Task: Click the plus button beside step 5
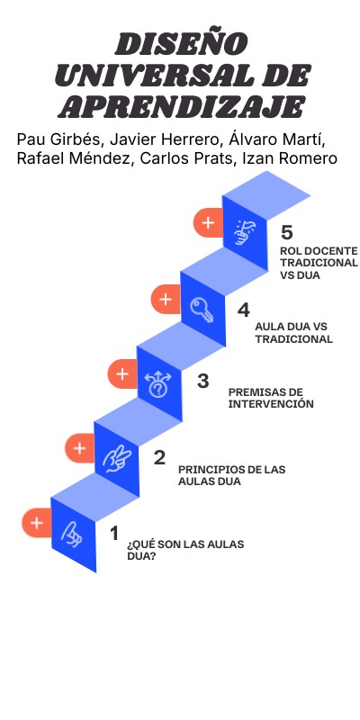[208, 222]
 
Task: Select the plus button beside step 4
[165, 300]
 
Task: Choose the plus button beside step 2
[79, 447]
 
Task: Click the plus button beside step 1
[36, 522]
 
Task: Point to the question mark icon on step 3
[158, 384]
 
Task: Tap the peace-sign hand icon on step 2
[116, 459]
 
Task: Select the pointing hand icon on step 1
[72, 534]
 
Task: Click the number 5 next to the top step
[286, 232]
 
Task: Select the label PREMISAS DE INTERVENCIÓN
[271, 398]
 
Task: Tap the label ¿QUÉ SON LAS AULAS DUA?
[184, 549]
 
